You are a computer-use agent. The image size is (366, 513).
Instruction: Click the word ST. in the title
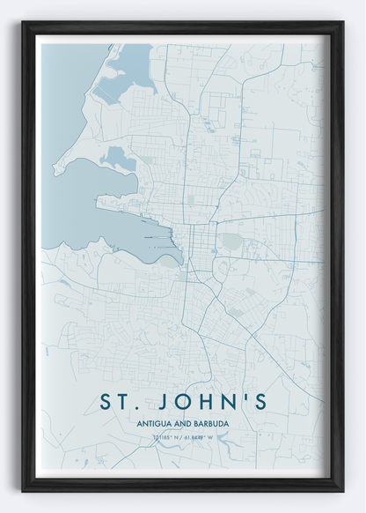tap(123, 402)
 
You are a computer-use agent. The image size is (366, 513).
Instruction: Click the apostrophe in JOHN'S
tap(244, 396)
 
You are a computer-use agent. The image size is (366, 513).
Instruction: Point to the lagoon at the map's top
tap(132, 66)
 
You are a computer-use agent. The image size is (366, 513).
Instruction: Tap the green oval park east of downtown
tap(231, 240)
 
